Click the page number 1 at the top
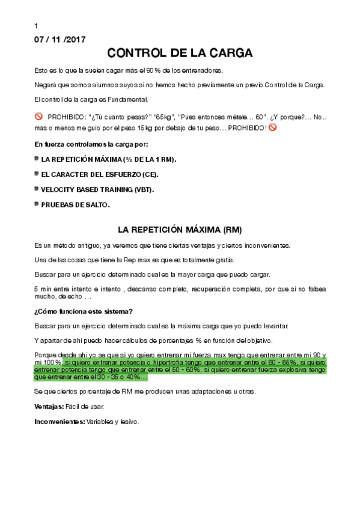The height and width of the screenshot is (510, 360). tap(37, 26)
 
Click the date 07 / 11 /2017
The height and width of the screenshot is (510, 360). tap(60, 40)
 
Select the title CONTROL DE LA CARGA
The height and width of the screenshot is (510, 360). tap(180, 54)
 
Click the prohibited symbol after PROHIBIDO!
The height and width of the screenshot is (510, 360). tap(272, 127)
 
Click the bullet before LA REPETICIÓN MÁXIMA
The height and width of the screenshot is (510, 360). tap(37, 158)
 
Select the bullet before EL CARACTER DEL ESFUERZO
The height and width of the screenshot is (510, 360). tap(37, 174)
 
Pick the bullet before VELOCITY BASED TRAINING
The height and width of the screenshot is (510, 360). tap(37, 189)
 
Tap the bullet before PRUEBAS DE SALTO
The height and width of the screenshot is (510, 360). tap(37, 204)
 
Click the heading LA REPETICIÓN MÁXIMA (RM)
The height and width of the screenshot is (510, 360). tap(180, 230)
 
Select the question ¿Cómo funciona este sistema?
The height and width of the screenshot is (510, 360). tap(84, 311)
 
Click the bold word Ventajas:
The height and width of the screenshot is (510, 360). tap(49, 407)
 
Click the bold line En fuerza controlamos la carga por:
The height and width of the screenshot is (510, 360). tap(91, 144)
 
